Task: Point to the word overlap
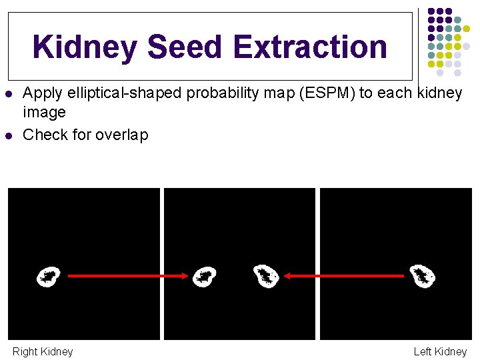(122, 135)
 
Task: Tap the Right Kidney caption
(43, 351)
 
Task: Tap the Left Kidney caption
(440, 351)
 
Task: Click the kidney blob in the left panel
(48, 276)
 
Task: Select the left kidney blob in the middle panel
(204, 276)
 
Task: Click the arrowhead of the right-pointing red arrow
(183, 275)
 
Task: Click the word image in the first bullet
(44, 113)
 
